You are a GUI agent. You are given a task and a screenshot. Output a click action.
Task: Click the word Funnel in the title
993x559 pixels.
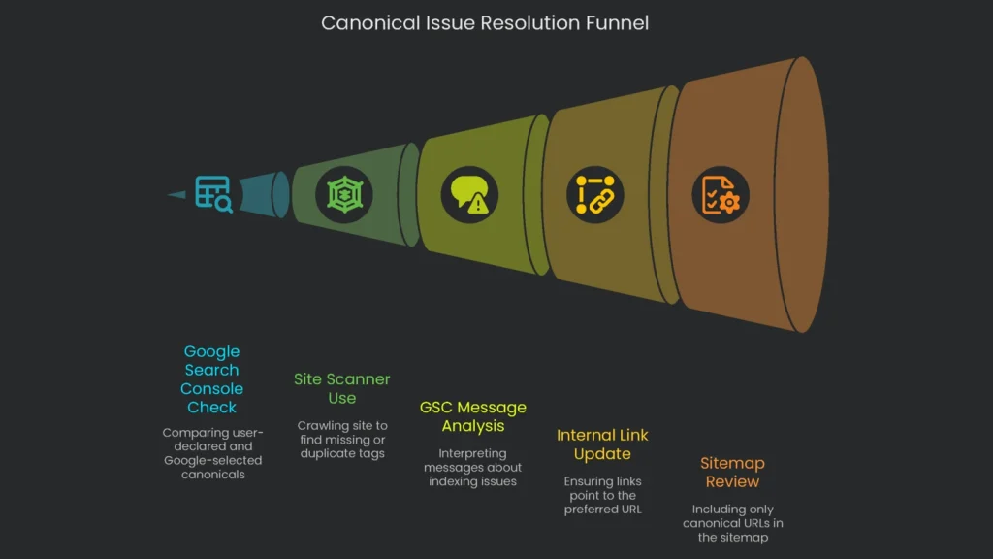pyautogui.click(x=615, y=22)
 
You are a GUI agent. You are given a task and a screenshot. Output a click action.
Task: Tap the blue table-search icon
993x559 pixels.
pyautogui.click(x=213, y=194)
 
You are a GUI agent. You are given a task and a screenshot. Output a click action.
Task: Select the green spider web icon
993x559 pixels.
pyautogui.click(x=343, y=195)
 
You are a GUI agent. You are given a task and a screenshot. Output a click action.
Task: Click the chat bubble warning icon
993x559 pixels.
pyautogui.click(x=468, y=193)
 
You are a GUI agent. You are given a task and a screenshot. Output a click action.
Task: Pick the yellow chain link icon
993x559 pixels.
pyautogui.click(x=594, y=194)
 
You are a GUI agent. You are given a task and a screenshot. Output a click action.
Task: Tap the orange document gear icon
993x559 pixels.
pyautogui.click(x=720, y=194)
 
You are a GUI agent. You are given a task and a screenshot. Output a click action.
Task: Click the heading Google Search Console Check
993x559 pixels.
pyautogui.click(x=211, y=379)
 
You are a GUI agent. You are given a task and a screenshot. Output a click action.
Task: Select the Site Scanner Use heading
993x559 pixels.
pyautogui.click(x=342, y=388)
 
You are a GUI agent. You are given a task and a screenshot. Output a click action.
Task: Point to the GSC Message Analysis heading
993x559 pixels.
pyautogui.click(x=472, y=416)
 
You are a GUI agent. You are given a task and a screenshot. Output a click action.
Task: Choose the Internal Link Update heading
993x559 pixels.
pyautogui.click(x=602, y=444)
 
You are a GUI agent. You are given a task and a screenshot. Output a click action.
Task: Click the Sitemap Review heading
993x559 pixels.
pyautogui.click(x=732, y=473)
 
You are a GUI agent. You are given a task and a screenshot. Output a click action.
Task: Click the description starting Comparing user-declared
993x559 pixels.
pyautogui.click(x=212, y=453)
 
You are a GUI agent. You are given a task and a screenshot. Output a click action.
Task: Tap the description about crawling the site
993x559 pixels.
pyautogui.click(x=342, y=440)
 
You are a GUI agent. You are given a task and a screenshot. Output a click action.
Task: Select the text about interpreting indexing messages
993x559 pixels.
pyautogui.click(x=472, y=467)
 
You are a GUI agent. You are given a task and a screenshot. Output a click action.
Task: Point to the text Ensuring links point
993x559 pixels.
pyautogui.click(x=602, y=495)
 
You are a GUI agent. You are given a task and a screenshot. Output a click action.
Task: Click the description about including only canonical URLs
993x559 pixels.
pyautogui.click(x=732, y=523)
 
